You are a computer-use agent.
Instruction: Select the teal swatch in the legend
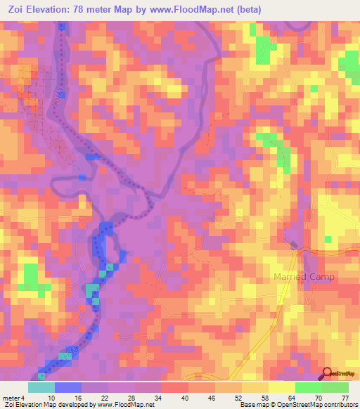click(41, 387)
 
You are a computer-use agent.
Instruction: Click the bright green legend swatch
click(308, 387)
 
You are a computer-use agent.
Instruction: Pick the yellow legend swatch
click(281, 387)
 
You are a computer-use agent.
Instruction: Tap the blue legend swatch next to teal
click(68, 387)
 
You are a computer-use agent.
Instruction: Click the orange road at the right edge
click(345, 251)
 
